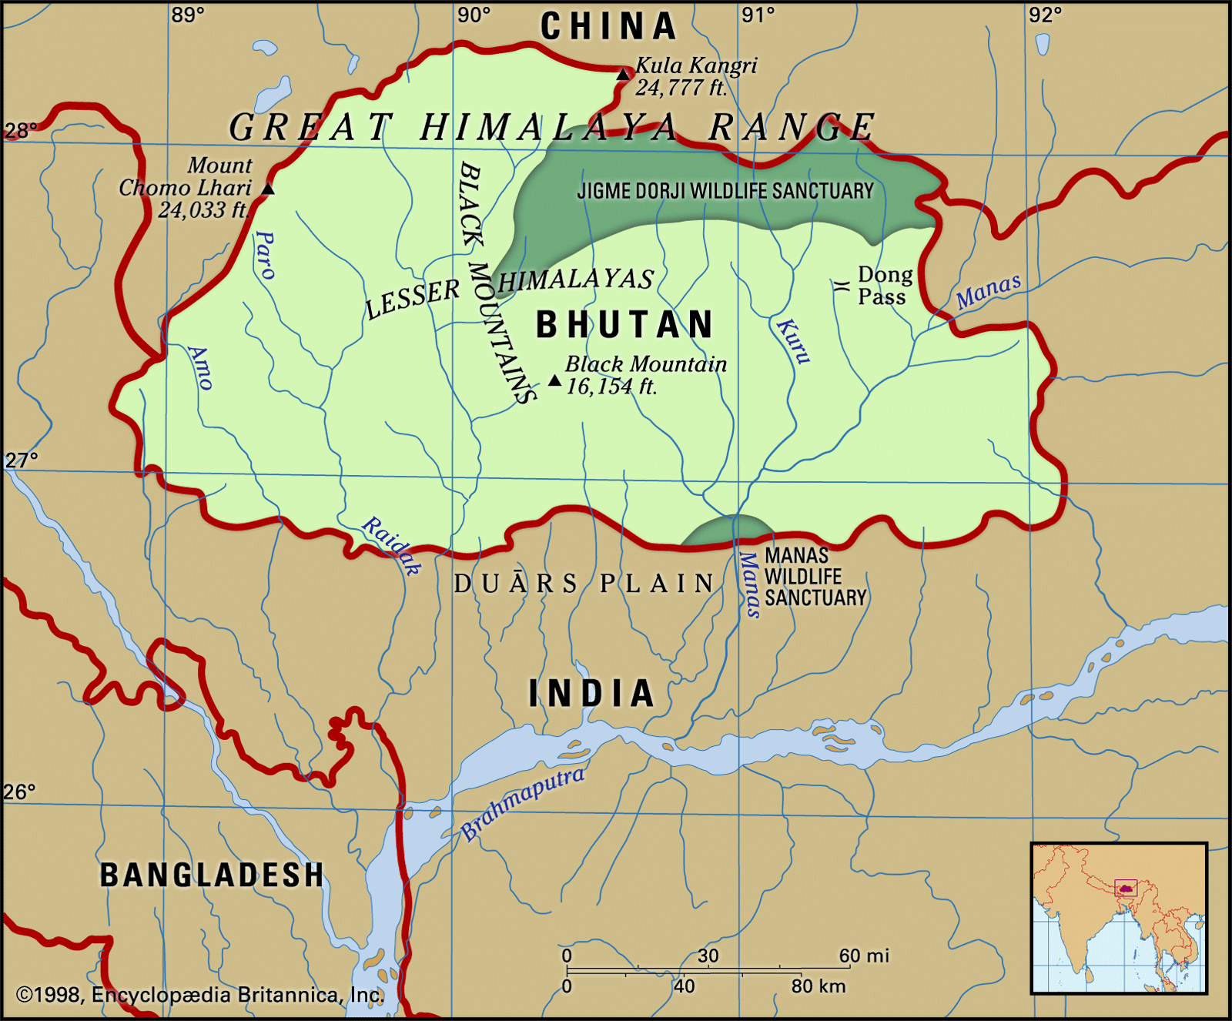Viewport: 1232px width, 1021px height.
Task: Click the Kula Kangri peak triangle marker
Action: [x=623, y=74]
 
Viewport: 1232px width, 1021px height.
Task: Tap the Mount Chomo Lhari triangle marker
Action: [x=268, y=189]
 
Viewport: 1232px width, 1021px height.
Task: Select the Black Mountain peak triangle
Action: [x=554, y=380]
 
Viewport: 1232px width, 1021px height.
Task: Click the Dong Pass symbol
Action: [x=841, y=286]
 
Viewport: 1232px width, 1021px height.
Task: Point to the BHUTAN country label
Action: [x=624, y=324]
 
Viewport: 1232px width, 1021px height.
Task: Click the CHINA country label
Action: [x=608, y=27]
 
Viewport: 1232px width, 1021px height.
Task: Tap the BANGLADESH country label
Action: [x=212, y=875]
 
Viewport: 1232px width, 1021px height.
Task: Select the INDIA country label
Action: [x=591, y=693]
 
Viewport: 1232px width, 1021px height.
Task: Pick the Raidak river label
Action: [x=392, y=545]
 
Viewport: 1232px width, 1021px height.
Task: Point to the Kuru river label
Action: [x=793, y=340]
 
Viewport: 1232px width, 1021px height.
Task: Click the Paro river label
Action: [x=265, y=254]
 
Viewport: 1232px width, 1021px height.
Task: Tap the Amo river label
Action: [x=200, y=367]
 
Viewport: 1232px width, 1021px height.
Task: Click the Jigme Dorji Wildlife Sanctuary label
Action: [x=725, y=191]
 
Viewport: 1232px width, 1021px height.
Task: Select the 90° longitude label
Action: [x=474, y=15]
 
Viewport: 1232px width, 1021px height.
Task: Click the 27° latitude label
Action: [x=21, y=460]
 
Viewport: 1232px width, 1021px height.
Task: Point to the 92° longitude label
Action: [x=1045, y=15]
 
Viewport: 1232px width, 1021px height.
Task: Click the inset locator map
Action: [x=1119, y=918]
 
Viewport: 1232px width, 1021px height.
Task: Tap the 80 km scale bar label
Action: [x=818, y=986]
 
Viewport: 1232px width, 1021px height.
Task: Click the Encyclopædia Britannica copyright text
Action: [x=199, y=995]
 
